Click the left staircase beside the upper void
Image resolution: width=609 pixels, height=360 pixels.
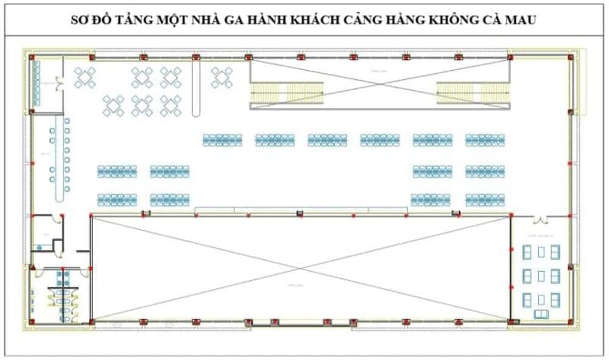click(x=287, y=94)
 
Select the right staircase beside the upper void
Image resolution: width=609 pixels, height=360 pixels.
click(x=473, y=94)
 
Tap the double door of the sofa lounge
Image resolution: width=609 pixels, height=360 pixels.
click(x=540, y=220)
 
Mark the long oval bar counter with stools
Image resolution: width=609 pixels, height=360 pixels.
click(x=59, y=159)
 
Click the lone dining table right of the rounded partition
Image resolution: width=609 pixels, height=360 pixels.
click(x=222, y=77)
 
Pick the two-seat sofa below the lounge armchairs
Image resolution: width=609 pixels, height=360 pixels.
click(x=540, y=314)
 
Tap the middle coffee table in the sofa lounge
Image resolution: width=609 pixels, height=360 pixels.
click(x=541, y=276)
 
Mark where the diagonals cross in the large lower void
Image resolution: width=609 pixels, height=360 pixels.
click(x=300, y=268)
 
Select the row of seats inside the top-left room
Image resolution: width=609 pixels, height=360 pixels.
click(x=37, y=83)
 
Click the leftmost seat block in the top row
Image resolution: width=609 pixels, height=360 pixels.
click(x=222, y=140)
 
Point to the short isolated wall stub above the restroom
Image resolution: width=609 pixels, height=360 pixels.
click(x=82, y=250)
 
